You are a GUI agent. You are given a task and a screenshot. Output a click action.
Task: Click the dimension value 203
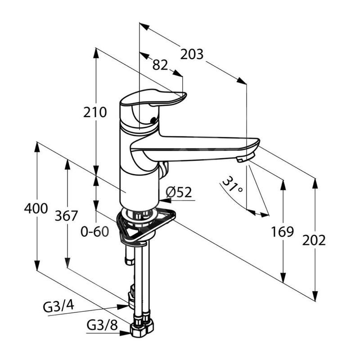[x=192, y=54]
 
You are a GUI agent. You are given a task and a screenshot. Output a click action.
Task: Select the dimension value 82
[x=160, y=65]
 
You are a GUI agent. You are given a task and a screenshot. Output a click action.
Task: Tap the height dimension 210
[x=95, y=112]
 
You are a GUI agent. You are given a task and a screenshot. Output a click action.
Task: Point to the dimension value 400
[x=36, y=208]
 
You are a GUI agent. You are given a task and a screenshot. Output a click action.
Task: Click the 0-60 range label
[x=95, y=231]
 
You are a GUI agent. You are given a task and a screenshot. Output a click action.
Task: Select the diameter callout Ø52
[x=179, y=193]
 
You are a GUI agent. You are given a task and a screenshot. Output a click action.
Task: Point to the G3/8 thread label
[x=102, y=325]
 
